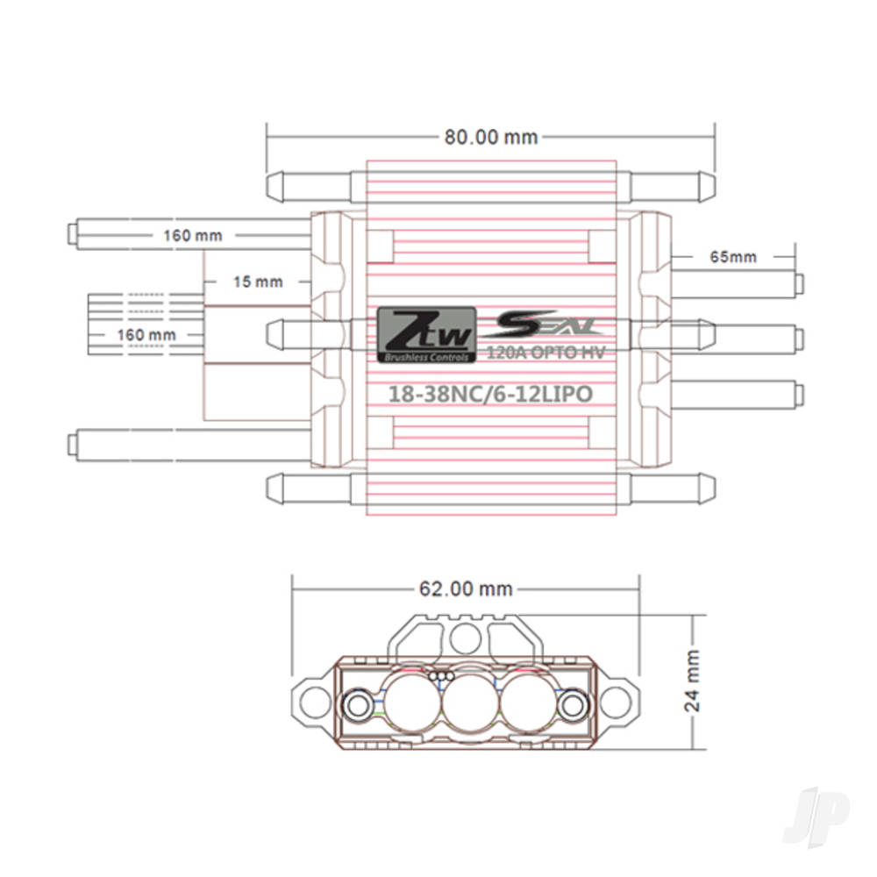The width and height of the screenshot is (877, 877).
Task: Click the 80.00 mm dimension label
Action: click(490, 137)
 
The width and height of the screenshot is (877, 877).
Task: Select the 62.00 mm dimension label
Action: click(466, 588)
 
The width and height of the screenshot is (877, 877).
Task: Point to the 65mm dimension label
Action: click(732, 257)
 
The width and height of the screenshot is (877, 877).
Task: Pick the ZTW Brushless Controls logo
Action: click(427, 335)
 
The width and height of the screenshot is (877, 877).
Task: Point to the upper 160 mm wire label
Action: click(192, 235)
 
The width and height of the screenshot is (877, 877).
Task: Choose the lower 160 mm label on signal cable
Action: click(146, 334)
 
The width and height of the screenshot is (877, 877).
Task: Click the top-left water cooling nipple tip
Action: click(271, 185)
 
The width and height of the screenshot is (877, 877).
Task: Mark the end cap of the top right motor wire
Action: click(800, 282)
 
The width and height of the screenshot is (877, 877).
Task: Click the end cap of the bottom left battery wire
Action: click(72, 443)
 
